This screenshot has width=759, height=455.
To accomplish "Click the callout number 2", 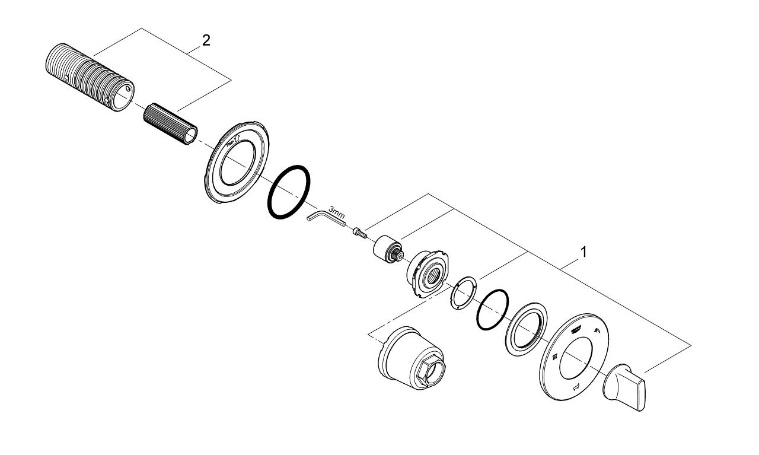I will [x=206, y=40].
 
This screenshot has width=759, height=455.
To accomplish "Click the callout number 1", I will [x=583, y=252].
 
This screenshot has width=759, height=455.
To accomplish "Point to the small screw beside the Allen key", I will [x=359, y=234].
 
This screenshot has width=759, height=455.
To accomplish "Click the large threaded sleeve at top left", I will [x=89, y=75].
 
